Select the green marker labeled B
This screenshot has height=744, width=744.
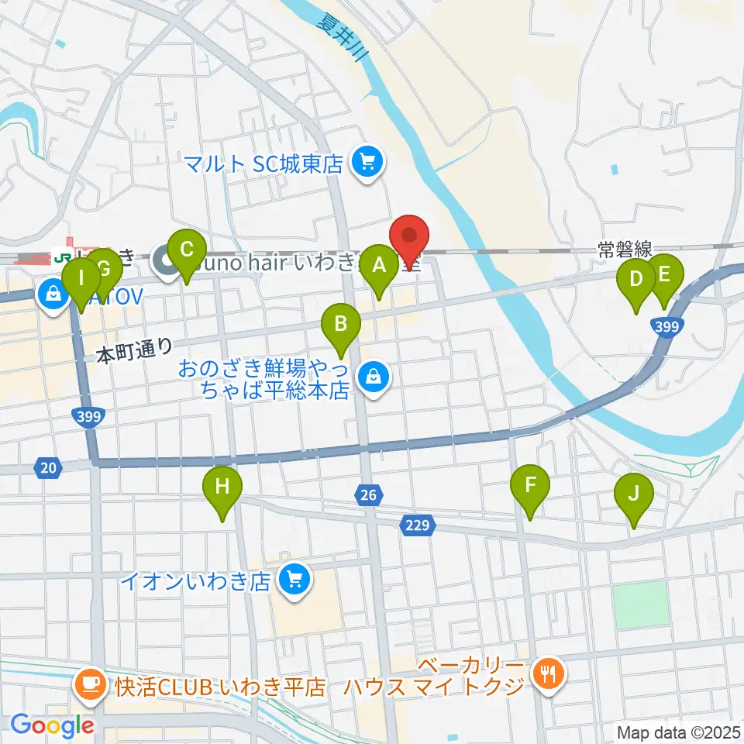pyautogui.click(x=340, y=325)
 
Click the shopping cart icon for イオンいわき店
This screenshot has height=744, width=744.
pyautogui.click(x=294, y=578)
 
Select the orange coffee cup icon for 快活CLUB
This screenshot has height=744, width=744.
pyautogui.click(x=91, y=684)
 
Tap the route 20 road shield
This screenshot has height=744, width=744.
pyautogui.click(x=48, y=467)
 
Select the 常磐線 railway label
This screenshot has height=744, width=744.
pyautogui.click(x=624, y=250)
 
